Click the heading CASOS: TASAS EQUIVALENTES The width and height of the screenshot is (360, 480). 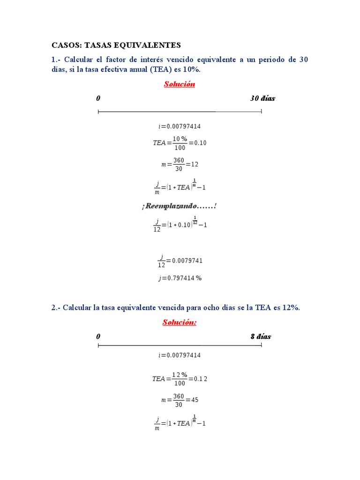(116, 45)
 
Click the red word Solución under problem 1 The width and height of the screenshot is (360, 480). (179, 84)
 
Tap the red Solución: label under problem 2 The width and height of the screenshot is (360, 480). (179, 322)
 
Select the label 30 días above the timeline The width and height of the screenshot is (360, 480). (262, 98)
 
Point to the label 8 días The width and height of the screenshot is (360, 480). (261, 337)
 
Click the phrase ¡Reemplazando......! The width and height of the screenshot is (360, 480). (180, 206)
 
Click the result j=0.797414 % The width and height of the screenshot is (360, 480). (180, 278)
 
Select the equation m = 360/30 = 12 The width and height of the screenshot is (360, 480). (180, 165)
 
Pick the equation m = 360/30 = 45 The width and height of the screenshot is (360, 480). (180, 400)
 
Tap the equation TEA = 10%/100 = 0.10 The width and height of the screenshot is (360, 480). (180, 143)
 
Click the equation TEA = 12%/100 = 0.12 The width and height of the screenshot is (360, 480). (180, 379)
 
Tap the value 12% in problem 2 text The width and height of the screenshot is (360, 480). (290, 307)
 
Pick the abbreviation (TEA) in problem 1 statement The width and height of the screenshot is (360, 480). (161, 69)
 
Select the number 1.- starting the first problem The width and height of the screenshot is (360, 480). (56, 60)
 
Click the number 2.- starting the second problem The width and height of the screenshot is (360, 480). (56, 307)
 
